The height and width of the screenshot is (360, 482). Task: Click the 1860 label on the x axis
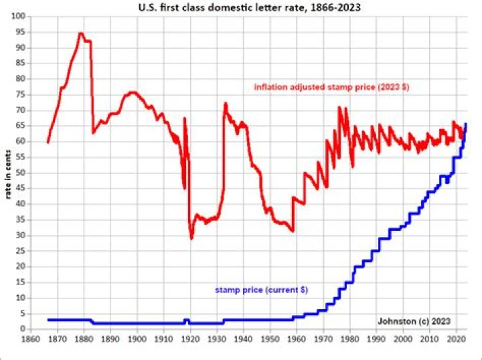pyautogui.click(x=30, y=338)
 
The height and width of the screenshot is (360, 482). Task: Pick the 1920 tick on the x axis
pyautogui.click(x=191, y=338)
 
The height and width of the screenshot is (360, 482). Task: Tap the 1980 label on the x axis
pyautogui.click(x=350, y=338)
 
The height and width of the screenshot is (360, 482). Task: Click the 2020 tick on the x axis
pyautogui.click(x=457, y=338)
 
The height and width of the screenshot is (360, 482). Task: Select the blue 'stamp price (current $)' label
pyautogui.click(x=266, y=290)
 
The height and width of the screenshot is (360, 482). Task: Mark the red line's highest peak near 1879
pyautogui.click(x=80, y=33)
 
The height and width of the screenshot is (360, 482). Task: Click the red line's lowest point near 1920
pyautogui.click(x=191, y=238)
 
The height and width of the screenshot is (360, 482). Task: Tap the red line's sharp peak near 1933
pyautogui.click(x=226, y=103)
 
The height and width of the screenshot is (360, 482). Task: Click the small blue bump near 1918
pyautogui.click(x=187, y=320)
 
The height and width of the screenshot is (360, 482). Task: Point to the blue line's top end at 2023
pyautogui.click(x=465, y=124)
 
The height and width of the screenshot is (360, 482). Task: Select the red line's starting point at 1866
pyautogui.click(x=48, y=142)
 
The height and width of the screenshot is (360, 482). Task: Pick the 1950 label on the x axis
pyautogui.click(x=270, y=338)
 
